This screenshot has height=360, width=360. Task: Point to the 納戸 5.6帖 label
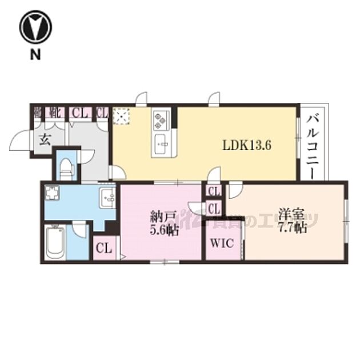point(162,223)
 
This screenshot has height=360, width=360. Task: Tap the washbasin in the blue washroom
point(106,198)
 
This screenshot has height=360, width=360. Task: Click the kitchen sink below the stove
point(161,143)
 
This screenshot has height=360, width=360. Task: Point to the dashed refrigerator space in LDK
point(122,116)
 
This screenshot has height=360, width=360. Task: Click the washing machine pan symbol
point(52,194)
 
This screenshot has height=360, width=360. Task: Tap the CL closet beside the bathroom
point(104,249)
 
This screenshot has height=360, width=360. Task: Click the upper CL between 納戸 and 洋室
point(214,191)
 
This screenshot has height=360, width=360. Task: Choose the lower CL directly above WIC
point(214,208)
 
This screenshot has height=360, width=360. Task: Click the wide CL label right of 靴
point(79,113)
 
